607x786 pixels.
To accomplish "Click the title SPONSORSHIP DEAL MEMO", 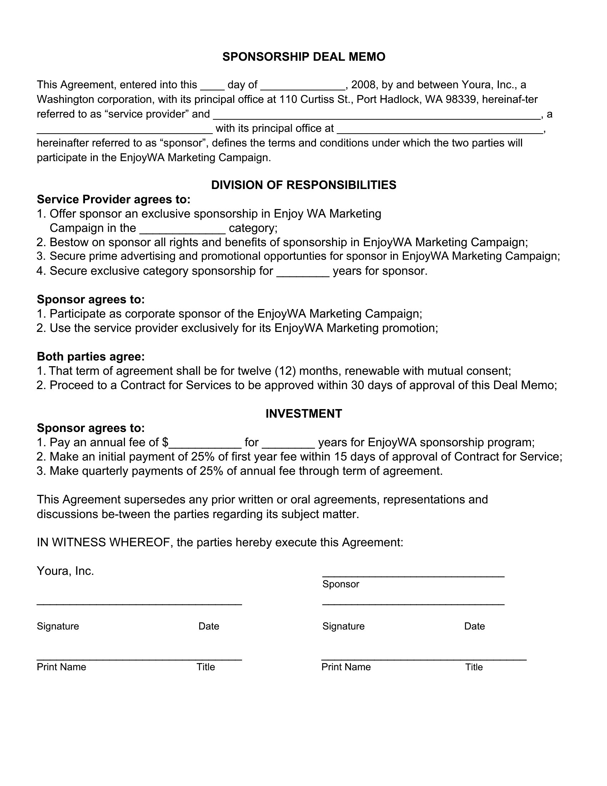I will click(303, 57).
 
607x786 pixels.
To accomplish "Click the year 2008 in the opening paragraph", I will click(363, 85).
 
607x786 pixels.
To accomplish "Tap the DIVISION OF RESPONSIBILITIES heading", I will click(303, 185).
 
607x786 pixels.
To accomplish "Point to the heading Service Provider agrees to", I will click(113, 199).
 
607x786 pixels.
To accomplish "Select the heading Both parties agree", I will click(91, 357).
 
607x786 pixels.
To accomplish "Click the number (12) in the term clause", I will click(285, 371).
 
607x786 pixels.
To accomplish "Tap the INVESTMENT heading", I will click(303, 414).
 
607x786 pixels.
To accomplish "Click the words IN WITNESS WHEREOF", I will click(104, 542).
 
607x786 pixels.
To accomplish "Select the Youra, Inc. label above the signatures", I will click(65, 571).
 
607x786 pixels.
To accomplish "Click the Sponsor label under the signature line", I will click(341, 584).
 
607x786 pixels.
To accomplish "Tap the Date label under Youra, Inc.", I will click(209, 626).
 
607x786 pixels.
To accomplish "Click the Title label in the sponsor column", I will click(474, 667).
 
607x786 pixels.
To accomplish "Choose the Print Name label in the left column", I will click(61, 667).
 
